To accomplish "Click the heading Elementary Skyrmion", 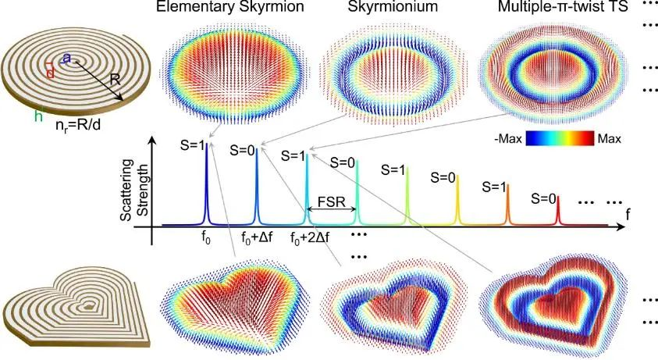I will [x=219, y=8].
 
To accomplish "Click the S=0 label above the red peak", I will [x=546, y=198].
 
